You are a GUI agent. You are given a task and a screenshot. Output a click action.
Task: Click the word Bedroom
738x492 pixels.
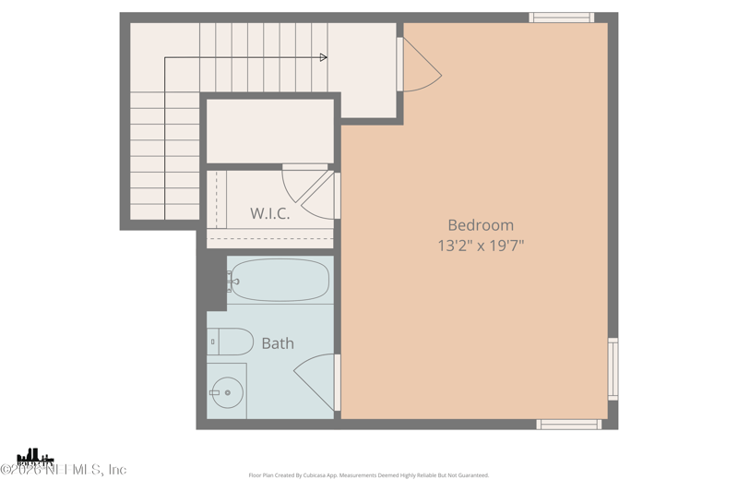[481, 224]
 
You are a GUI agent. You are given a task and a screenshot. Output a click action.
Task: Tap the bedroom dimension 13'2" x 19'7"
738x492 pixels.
[481, 246]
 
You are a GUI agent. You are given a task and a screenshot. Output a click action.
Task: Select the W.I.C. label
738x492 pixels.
[270, 213]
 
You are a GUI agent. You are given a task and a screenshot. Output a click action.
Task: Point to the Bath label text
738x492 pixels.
[278, 343]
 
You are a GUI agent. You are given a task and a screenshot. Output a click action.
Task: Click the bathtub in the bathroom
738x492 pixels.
[280, 280]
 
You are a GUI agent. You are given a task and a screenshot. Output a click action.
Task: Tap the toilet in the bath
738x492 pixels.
[231, 342]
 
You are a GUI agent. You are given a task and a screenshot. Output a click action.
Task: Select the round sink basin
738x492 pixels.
[227, 392]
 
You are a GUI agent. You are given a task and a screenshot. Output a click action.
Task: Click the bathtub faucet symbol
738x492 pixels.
[232, 281]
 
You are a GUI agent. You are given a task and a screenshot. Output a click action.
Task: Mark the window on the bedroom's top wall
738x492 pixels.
[561, 18]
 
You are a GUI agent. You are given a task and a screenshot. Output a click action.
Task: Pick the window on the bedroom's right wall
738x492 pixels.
[613, 368]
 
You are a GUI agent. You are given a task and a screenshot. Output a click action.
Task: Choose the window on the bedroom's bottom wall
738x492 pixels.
[569, 425]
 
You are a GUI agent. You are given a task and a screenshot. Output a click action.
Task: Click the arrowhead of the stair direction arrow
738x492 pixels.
[323, 57]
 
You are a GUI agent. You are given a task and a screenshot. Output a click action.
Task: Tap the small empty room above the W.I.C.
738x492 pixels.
[269, 131]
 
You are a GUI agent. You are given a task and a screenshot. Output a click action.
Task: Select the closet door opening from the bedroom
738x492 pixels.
[323, 196]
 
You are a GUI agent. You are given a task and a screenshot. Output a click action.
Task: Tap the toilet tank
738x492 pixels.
[213, 342]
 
